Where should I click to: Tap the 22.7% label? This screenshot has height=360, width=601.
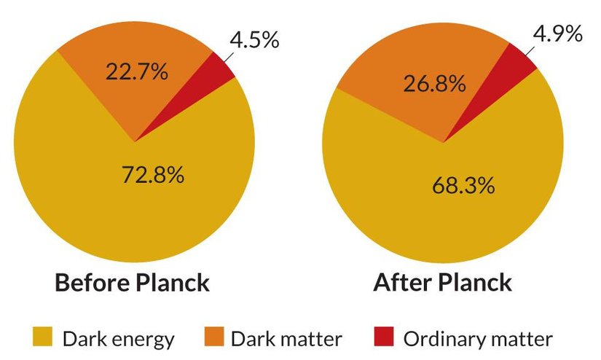[137, 72]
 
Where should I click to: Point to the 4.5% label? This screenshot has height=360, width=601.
[254, 39]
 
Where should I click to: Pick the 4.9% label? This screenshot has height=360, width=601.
[557, 34]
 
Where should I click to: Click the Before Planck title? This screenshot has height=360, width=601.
[132, 282]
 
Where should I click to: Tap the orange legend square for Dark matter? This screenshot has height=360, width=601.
[213, 339]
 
